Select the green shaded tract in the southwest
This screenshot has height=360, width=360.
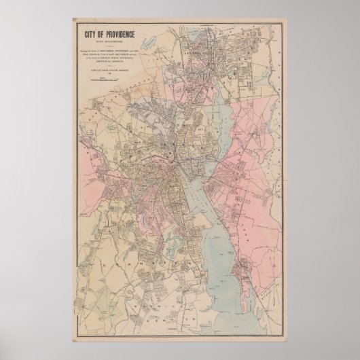[x=102, y=292]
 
